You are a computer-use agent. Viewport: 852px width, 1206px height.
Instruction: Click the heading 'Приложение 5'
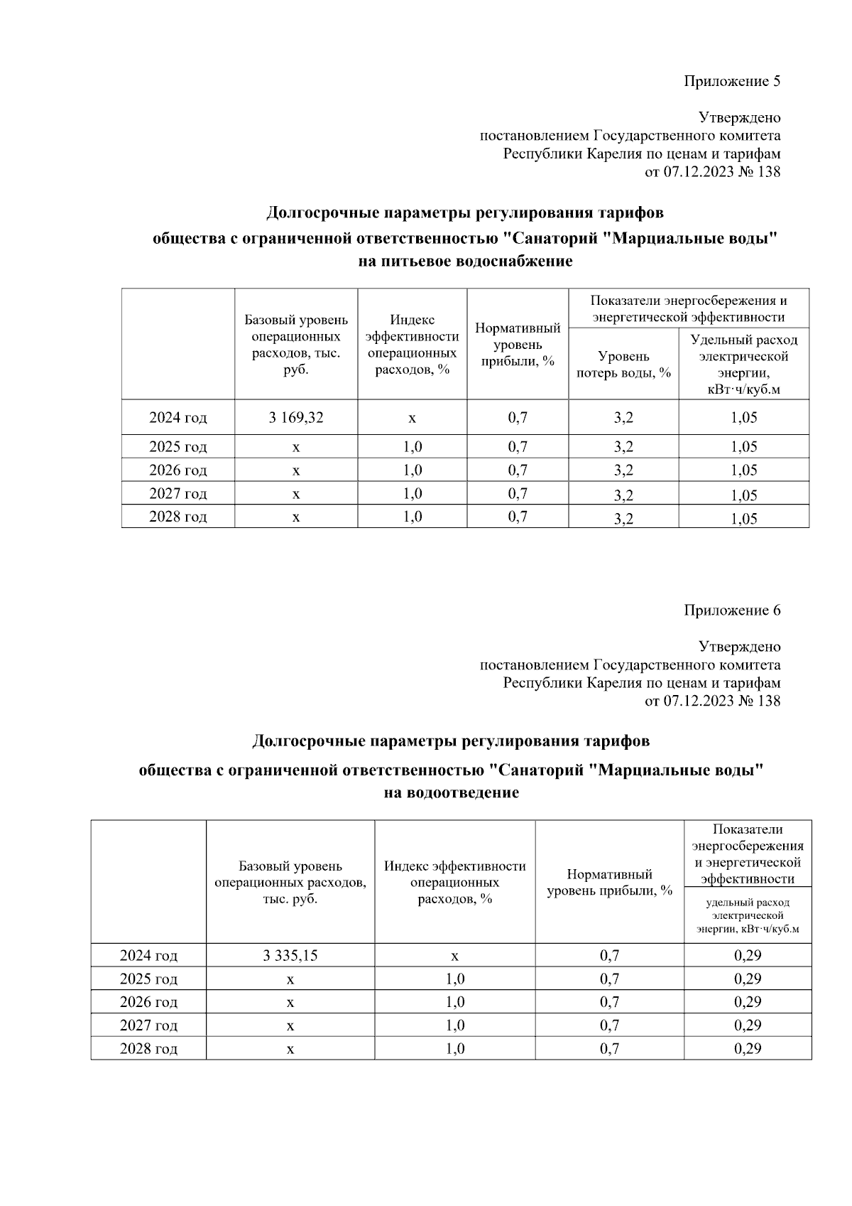coord(732,81)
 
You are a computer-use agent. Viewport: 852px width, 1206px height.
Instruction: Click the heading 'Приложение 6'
coord(732,610)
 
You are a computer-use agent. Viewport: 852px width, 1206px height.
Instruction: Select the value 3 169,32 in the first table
coord(296,418)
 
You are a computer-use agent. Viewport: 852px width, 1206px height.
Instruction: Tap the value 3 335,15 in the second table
coord(290,956)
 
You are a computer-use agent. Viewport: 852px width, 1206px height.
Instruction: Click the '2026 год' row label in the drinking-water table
coord(177,470)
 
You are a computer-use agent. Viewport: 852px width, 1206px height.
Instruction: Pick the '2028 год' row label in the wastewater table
coord(148,1049)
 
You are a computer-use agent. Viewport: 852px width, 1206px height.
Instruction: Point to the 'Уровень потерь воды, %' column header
coord(623,365)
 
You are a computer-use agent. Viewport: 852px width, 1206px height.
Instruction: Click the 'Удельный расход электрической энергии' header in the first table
coord(743,365)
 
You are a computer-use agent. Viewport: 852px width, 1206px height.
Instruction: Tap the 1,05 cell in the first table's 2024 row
coord(743,418)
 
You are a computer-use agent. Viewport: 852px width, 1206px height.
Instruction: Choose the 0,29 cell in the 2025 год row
coord(748,979)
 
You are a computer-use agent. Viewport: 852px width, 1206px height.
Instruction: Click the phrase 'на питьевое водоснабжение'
coord(465,262)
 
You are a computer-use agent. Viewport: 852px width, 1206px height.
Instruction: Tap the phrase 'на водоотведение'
coord(451,793)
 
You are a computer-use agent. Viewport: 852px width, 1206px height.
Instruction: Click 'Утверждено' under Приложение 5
coord(739,118)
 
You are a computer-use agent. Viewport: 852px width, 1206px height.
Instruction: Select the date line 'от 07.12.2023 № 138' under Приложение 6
coord(712,701)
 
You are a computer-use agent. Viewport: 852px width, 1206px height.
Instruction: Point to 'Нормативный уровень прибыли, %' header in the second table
coord(609,883)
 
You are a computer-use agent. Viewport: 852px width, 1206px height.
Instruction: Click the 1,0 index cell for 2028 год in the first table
coord(412,517)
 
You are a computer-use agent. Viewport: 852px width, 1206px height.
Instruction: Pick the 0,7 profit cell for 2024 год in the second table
coord(609,956)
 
